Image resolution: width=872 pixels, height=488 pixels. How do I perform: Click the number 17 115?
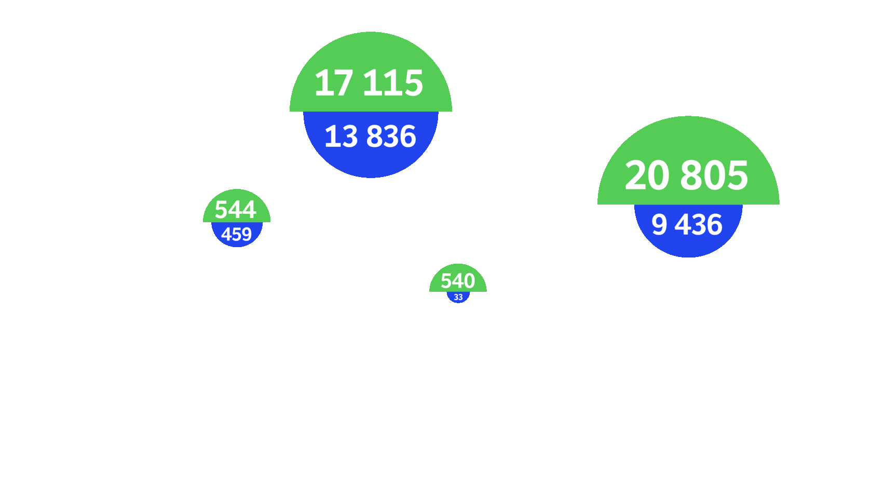coord(369,83)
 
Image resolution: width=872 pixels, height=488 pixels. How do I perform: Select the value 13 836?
coord(370,137)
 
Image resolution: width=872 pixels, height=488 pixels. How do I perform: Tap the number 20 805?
coord(686,175)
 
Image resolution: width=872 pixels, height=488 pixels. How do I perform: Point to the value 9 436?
coord(687,225)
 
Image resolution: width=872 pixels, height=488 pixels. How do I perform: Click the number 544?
coord(236,209)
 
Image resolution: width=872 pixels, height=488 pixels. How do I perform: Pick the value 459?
coord(236,234)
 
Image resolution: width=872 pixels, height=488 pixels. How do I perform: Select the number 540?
coord(458,281)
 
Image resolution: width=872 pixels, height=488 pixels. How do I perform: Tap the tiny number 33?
coord(458,297)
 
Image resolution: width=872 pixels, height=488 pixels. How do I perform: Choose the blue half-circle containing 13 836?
coord(371,163)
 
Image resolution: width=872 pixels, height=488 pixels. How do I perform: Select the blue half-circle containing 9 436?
coord(688,246)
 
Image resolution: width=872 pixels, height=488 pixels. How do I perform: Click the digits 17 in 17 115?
coord(334,83)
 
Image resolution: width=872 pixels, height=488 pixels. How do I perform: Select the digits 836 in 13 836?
coord(391,137)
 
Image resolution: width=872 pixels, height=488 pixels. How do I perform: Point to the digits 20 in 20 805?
coord(647,175)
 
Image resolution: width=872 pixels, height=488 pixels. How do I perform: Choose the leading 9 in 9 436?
coord(659,225)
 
